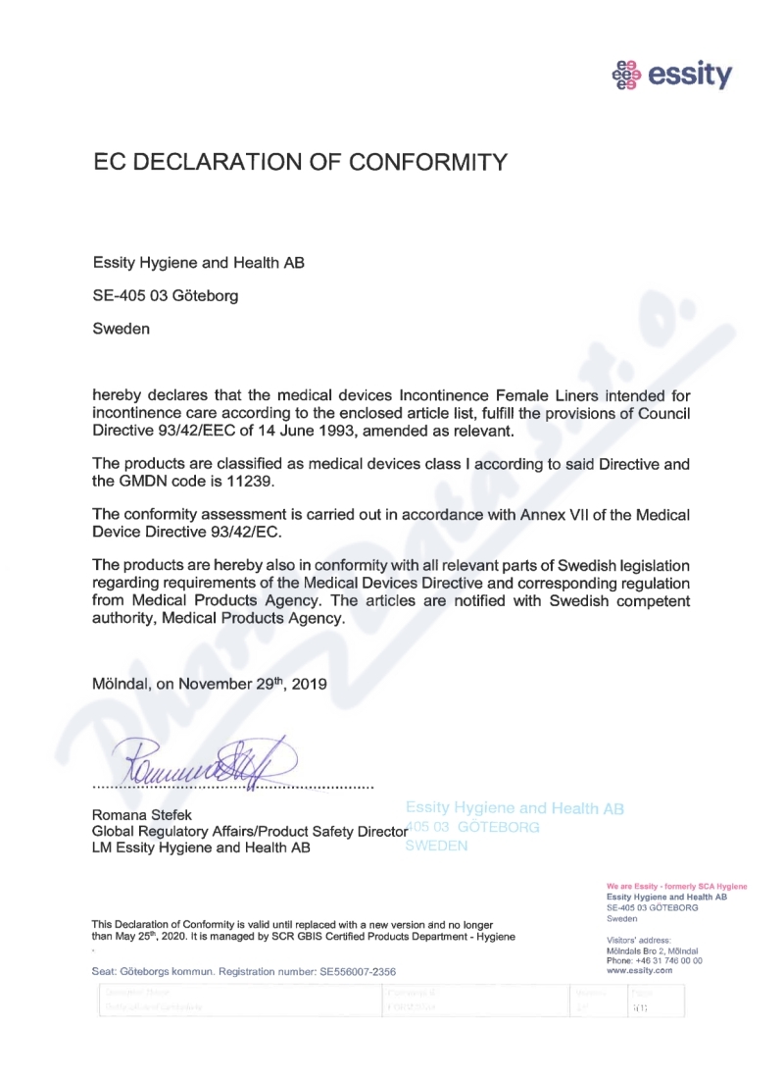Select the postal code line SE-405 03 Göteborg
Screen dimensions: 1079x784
point(165,295)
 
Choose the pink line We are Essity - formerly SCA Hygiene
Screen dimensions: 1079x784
point(677,887)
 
